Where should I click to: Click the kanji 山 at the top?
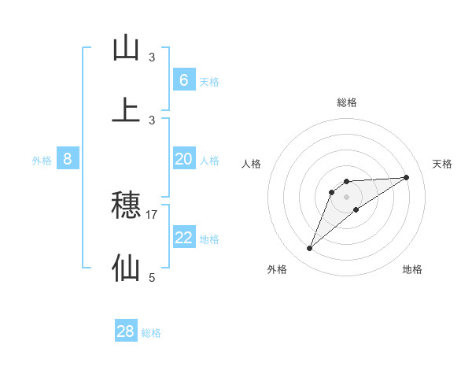point(126,49)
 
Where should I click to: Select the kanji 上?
point(126,111)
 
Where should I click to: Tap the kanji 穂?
point(126,205)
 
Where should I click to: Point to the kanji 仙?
point(126,268)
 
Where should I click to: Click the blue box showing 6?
point(183,80)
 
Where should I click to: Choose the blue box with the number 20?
point(183,159)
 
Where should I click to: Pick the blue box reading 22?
point(183,237)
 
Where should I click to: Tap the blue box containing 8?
point(68,159)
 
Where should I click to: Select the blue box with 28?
point(126,331)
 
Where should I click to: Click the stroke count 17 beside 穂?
point(152,214)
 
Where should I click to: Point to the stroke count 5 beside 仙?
point(152,277)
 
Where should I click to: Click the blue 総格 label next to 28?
point(151,333)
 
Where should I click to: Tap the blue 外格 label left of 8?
point(42,161)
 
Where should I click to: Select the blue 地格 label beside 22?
point(209,239)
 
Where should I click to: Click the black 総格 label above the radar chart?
point(347,102)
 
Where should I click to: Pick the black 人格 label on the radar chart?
point(252,164)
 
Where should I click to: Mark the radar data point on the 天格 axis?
point(406,177)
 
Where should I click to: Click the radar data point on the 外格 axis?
point(309,249)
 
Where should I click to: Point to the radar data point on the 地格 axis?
point(356,209)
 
